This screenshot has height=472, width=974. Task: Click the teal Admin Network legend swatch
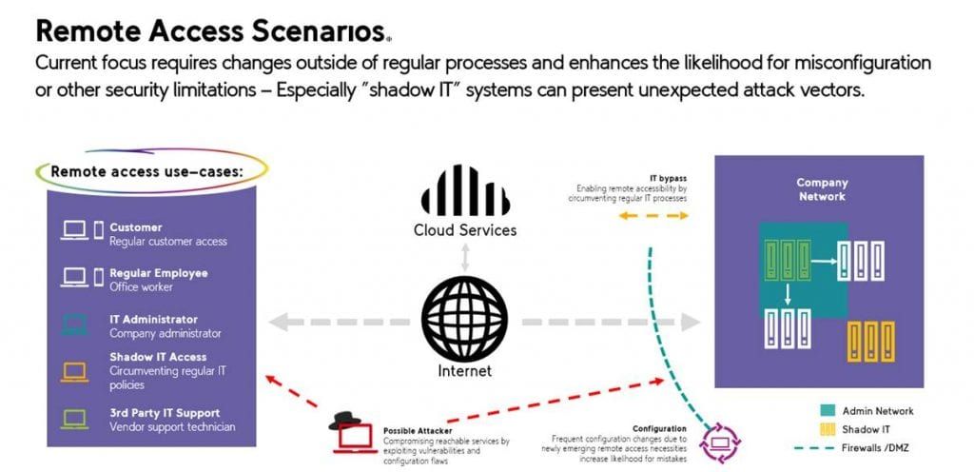(826, 411)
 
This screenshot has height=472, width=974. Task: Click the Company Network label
(822, 189)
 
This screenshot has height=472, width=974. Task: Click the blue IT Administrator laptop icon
(74, 325)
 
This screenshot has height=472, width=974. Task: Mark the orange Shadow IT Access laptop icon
(74, 371)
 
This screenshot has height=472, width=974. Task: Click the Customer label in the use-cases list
(136, 227)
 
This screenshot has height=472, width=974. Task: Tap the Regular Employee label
(158, 273)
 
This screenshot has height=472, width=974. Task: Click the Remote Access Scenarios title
(211, 30)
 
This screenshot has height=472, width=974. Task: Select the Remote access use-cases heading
(146, 171)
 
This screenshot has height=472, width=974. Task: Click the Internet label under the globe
(464, 370)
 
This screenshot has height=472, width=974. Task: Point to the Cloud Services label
(464, 230)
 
